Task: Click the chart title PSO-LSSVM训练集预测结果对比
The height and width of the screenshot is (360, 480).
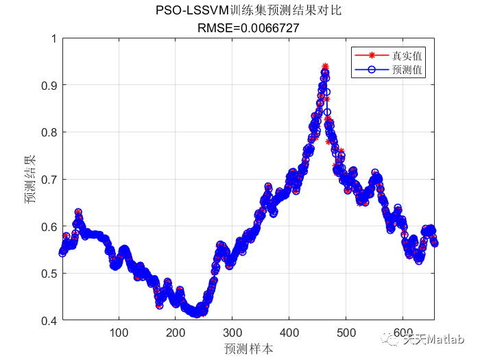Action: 248,11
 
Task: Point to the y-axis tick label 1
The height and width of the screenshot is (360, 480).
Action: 53,38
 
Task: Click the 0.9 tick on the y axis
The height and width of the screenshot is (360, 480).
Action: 49,85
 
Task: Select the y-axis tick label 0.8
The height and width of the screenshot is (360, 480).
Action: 49,132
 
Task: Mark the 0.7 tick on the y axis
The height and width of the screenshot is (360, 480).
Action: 49,180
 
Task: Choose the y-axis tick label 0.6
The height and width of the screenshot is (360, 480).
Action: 49,227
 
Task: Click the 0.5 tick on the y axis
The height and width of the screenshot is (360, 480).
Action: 49,274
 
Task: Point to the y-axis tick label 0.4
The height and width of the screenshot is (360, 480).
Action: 49,321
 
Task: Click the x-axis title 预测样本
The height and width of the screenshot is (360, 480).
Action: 248,348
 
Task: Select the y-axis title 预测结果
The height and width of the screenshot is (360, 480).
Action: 30,180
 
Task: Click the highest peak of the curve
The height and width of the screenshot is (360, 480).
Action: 324,67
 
